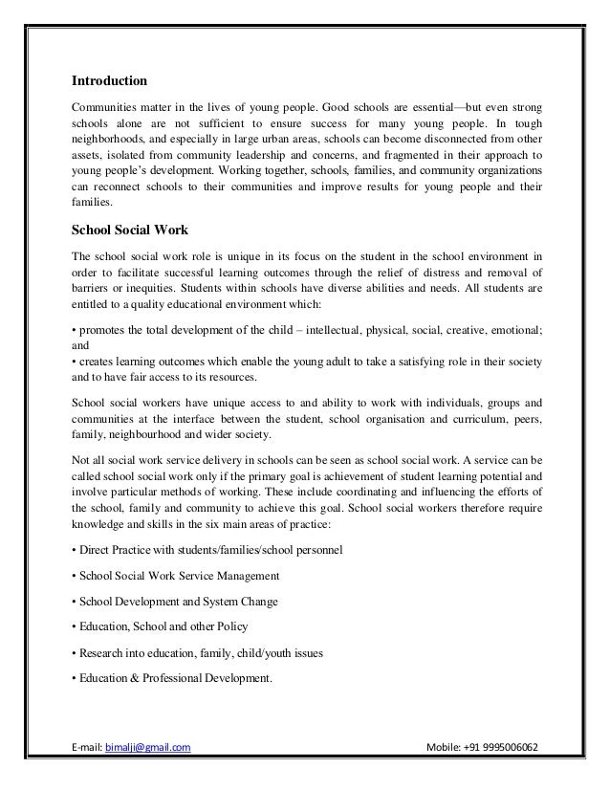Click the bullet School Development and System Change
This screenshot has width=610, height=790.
pyautogui.click(x=178, y=602)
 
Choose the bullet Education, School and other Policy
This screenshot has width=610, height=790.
pyautogui.click(x=160, y=626)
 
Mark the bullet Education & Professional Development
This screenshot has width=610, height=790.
pyautogui.click(x=172, y=678)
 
